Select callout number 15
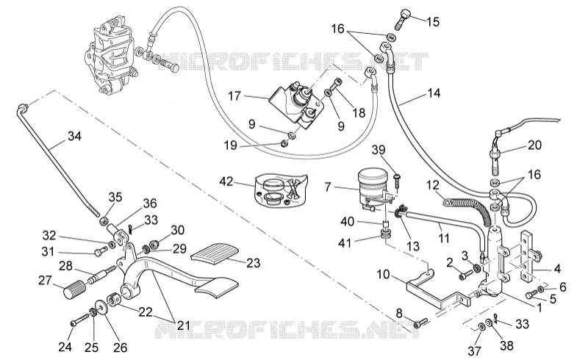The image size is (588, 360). point(432,21)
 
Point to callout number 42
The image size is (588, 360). point(226,181)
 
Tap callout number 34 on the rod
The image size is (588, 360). point(75,136)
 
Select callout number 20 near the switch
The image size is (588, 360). point(535,145)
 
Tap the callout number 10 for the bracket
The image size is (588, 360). point(383,274)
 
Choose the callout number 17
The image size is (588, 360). point(234,96)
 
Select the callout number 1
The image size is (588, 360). point(539,308)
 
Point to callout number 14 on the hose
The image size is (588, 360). point(434,93)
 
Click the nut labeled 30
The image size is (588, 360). point(154,245)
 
